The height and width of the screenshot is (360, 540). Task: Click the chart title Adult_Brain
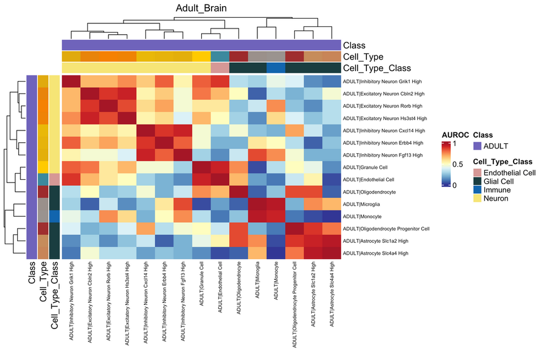tap(201, 8)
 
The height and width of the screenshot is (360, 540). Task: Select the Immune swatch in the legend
tap(478, 190)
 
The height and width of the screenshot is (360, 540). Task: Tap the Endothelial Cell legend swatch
tap(478, 173)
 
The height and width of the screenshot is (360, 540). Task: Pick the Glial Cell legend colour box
tap(478, 181)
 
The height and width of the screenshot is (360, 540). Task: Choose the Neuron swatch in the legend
tap(478, 198)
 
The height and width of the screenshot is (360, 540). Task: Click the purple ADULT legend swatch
tap(478, 146)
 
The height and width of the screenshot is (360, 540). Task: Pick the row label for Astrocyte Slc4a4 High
tap(376, 253)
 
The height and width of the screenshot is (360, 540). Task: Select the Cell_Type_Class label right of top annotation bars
tap(377, 68)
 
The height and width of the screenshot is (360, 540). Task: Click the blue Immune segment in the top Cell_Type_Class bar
tap(276, 68)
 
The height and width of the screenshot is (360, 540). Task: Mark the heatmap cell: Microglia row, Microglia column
tap(257, 204)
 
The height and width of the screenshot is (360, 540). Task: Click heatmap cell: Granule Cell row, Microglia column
tap(257, 167)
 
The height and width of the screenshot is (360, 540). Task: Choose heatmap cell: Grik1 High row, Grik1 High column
tap(71, 81)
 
